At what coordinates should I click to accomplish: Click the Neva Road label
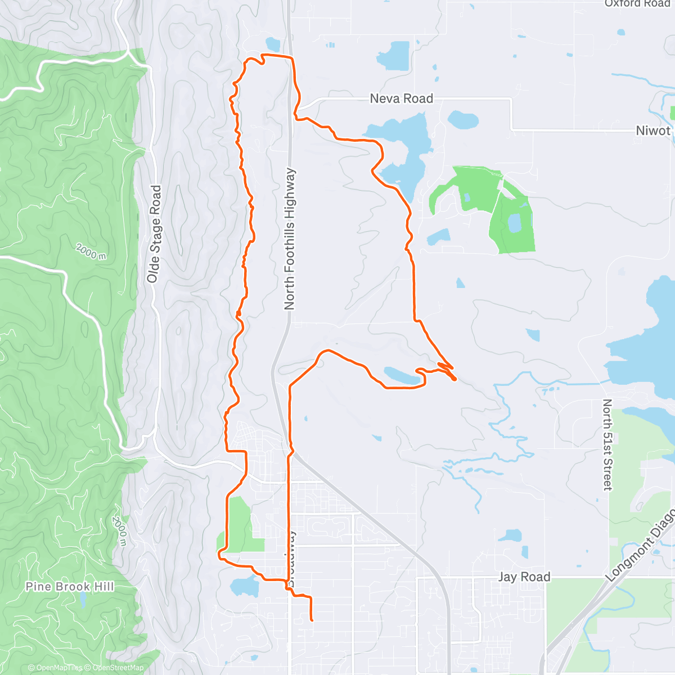[x=401, y=98]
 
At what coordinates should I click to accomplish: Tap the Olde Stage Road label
[x=154, y=234]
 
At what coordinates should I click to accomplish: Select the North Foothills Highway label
[x=290, y=239]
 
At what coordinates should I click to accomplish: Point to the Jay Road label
[x=524, y=577]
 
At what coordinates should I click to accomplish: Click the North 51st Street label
[x=607, y=444]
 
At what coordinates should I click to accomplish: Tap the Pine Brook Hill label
[x=70, y=587]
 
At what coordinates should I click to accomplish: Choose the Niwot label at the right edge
[x=654, y=130]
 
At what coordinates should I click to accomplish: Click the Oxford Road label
[x=637, y=3]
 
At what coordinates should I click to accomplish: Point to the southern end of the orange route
[x=311, y=620]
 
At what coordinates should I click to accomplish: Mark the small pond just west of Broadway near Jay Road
[x=244, y=586]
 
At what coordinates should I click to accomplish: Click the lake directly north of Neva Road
[x=393, y=55]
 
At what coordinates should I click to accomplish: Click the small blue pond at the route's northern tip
[x=273, y=44]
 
